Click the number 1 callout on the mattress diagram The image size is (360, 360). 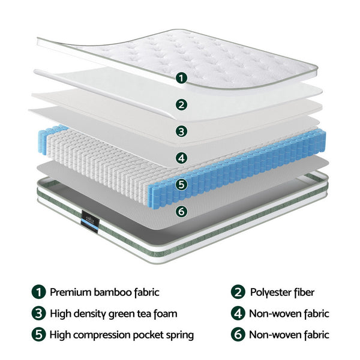[181, 77]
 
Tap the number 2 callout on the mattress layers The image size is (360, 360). [181, 104]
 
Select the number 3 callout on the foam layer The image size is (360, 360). [181, 131]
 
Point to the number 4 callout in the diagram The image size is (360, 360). [181, 158]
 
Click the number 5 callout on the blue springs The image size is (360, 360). [181, 185]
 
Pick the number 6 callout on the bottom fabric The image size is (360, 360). [181, 211]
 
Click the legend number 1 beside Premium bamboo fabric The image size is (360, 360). [38, 292]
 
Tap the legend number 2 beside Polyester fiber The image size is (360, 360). [238, 292]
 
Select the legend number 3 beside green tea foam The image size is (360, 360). [38, 313]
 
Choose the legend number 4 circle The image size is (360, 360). [238, 313]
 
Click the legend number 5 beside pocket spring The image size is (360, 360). [38, 334]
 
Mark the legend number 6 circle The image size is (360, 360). [238, 334]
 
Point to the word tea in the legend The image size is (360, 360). [139, 314]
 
